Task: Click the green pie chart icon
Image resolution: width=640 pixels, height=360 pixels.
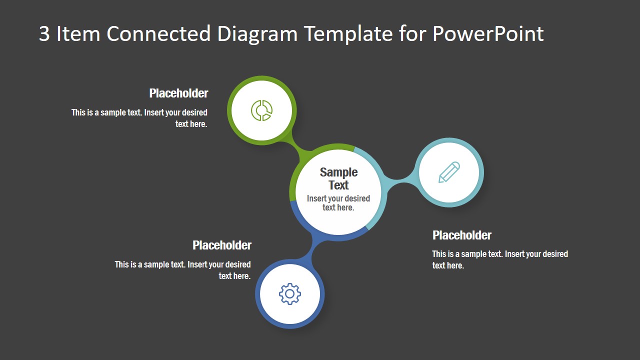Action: click(261, 110)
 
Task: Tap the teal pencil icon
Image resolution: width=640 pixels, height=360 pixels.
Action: click(449, 172)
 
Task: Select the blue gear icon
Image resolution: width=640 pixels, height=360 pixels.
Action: click(290, 294)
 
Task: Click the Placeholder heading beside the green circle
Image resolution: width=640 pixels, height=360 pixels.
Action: click(178, 93)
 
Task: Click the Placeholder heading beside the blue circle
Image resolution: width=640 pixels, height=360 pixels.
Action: click(222, 245)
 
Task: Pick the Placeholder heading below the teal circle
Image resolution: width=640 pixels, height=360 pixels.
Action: click(461, 235)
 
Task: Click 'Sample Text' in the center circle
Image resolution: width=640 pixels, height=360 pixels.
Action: click(338, 178)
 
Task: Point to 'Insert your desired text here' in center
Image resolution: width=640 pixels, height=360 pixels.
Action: click(338, 203)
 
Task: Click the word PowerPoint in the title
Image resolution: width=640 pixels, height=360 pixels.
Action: click(487, 34)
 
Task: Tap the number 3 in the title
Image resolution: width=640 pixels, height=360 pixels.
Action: click(44, 34)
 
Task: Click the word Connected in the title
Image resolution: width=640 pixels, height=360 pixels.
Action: click(158, 34)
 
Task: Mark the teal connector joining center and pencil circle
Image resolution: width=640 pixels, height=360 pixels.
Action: click(397, 180)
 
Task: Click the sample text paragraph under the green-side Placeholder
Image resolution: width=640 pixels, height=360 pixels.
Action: click(139, 118)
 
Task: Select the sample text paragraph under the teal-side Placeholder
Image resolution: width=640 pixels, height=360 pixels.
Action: click(499, 259)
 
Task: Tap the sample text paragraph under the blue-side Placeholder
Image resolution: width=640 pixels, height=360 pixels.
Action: click(183, 270)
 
